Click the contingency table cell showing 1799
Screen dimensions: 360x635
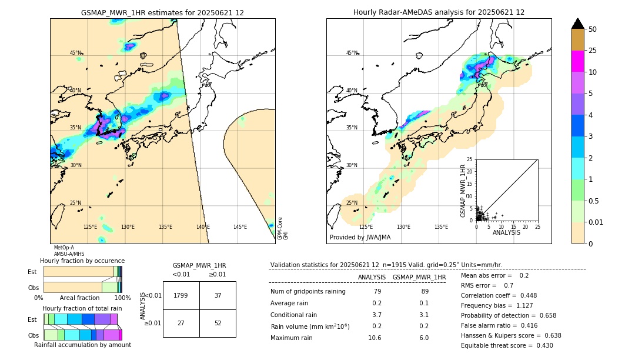[181, 295]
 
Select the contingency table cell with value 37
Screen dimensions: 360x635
[218, 295]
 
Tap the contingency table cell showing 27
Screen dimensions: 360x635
[181, 323]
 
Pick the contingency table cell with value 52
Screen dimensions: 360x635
[218, 323]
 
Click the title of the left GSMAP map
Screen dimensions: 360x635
[162, 12]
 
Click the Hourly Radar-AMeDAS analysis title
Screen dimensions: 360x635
[439, 12]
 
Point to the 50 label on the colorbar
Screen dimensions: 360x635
[593, 29]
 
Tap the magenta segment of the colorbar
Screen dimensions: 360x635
[577, 62]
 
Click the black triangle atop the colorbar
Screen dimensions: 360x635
[577, 24]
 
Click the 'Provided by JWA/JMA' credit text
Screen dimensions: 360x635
[360, 238]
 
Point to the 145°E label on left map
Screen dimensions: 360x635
[240, 227]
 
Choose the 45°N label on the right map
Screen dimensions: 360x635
[352, 53]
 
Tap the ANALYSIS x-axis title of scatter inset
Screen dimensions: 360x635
[506, 232]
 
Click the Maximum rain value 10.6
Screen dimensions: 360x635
[374, 338]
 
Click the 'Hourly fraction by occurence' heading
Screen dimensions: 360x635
[82, 261]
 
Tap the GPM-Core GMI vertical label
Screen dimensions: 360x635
[283, 228]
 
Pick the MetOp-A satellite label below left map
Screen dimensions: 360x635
[63, 248]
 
